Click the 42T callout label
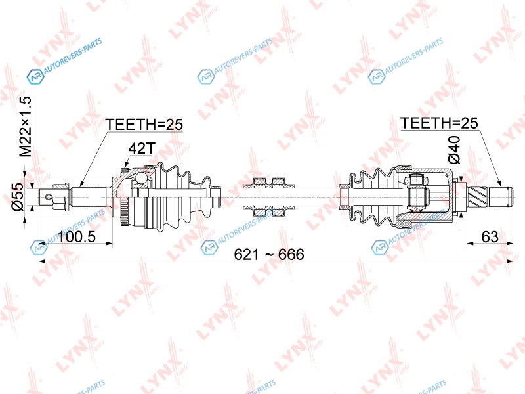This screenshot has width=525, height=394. point(142,148)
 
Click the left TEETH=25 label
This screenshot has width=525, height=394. point(144,125)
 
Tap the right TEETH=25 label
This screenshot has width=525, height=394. point(439,123)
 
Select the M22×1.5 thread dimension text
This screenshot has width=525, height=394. point(25,127)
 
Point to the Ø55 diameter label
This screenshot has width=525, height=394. point(18,196)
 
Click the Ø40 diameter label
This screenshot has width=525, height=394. point(454,150)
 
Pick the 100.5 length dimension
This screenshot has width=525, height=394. point(77,237)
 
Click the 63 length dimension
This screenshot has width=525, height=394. point(490,237)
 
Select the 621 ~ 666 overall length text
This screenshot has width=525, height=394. point(269,254)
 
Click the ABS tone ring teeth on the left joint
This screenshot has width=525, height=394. point(124,211)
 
